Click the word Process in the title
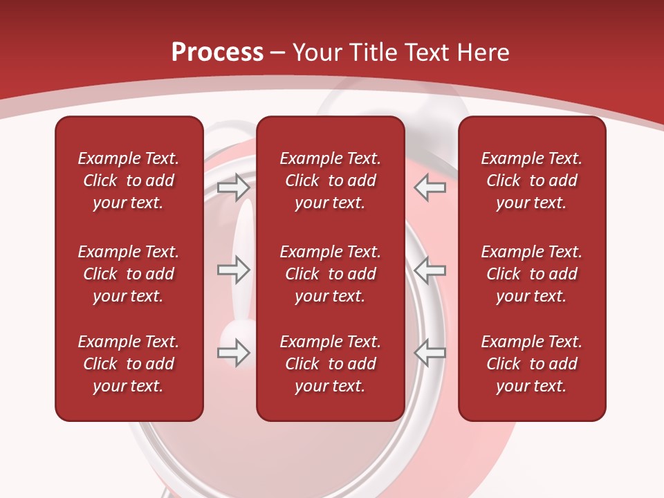click(217, 53)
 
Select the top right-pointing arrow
click(233, 187)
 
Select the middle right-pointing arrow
click(233, 270)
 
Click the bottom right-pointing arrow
click(233, 353)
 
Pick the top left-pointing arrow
click(430, 187)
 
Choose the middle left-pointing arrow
click(430, 270)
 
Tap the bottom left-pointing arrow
click(430, 353)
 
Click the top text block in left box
click(129, 181)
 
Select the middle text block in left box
click(129, 274)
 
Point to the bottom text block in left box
click(129, 364)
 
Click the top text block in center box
click(330, 181)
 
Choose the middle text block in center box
click(330, 274)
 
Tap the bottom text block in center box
click(330, 364)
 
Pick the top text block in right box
click(531, 181)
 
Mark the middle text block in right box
click(531, 274)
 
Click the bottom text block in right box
click(531, 364)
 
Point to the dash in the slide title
click(278, 53)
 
